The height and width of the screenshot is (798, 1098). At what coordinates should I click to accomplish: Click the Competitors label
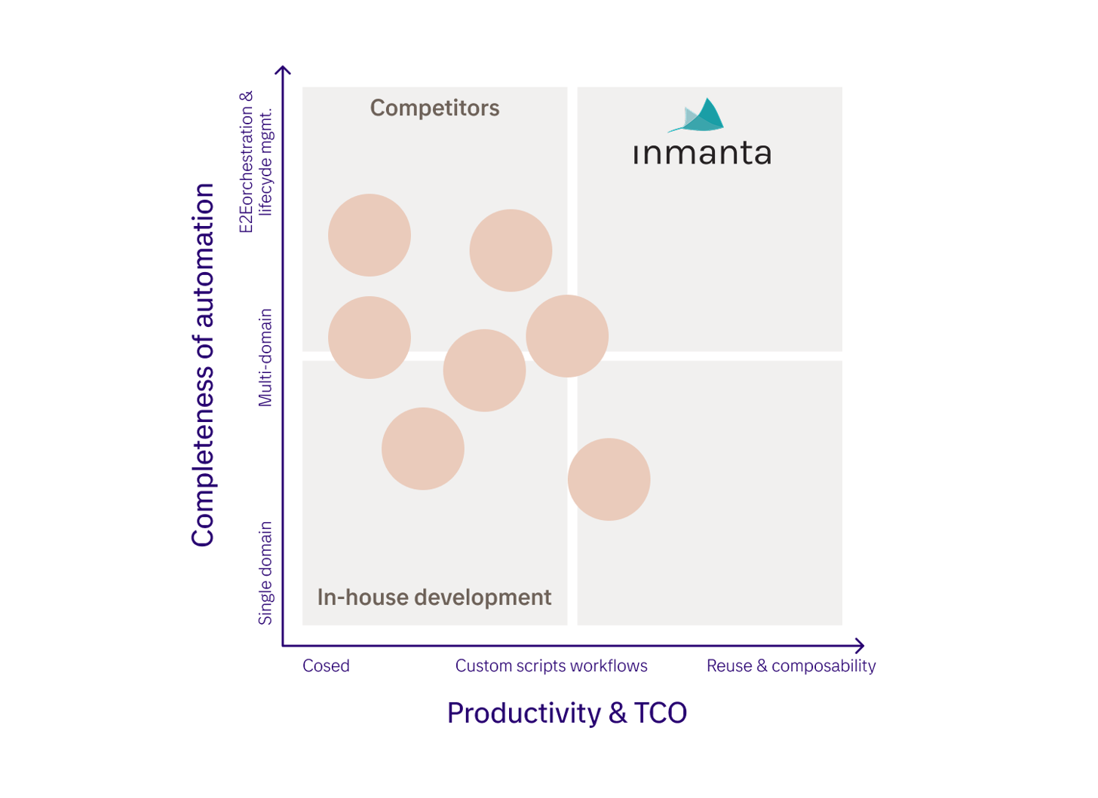(x=435, y=108)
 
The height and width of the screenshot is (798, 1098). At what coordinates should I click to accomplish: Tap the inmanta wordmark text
(x=702, y=153)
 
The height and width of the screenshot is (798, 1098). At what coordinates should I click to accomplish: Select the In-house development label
(x=434, y=597)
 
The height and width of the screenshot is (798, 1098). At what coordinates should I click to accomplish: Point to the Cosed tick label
(x=326, y=665)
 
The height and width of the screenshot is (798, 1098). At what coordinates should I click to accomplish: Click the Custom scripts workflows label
(x=551, y=665)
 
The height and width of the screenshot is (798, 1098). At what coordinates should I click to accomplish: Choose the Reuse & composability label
(x=791, y=665)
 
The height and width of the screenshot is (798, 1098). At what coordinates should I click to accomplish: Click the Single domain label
(x=265, y=573)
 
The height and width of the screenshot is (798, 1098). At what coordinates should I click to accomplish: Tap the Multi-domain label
(x=265, y=358)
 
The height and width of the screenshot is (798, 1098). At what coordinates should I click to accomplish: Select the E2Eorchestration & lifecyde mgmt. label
(x=256, y=162)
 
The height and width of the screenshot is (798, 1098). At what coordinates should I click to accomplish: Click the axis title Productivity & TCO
(x=567, y=714)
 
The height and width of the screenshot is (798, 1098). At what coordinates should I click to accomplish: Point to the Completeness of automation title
(x=203, y=365)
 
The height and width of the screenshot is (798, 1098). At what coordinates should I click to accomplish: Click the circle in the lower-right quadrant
(x=609, y=479)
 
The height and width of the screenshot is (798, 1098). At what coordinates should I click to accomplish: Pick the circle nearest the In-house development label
(x=423, y=448)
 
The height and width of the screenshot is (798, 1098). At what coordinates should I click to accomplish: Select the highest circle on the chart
(x=370, y=235)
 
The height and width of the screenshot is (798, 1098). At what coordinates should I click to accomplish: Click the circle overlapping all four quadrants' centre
(x=567, y=336)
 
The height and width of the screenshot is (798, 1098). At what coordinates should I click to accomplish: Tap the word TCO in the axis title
(x=661, y=714)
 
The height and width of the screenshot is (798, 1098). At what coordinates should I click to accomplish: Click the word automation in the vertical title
(x=203, y=255)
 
